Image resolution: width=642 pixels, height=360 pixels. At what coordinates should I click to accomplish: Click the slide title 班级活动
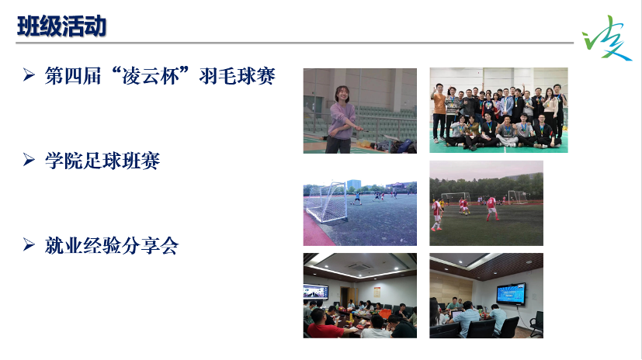61,26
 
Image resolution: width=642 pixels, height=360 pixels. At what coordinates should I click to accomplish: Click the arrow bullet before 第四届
29,77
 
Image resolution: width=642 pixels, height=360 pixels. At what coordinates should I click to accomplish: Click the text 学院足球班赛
102,161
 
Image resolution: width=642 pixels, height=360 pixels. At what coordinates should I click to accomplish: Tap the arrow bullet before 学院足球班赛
29,161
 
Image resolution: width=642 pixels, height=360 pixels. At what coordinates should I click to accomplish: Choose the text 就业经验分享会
112,247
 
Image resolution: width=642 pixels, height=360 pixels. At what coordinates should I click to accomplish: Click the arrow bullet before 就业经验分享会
29,247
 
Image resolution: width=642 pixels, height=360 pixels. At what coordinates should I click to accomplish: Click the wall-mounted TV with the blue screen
511,294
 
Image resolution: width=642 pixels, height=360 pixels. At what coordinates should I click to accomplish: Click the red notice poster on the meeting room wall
376,291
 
